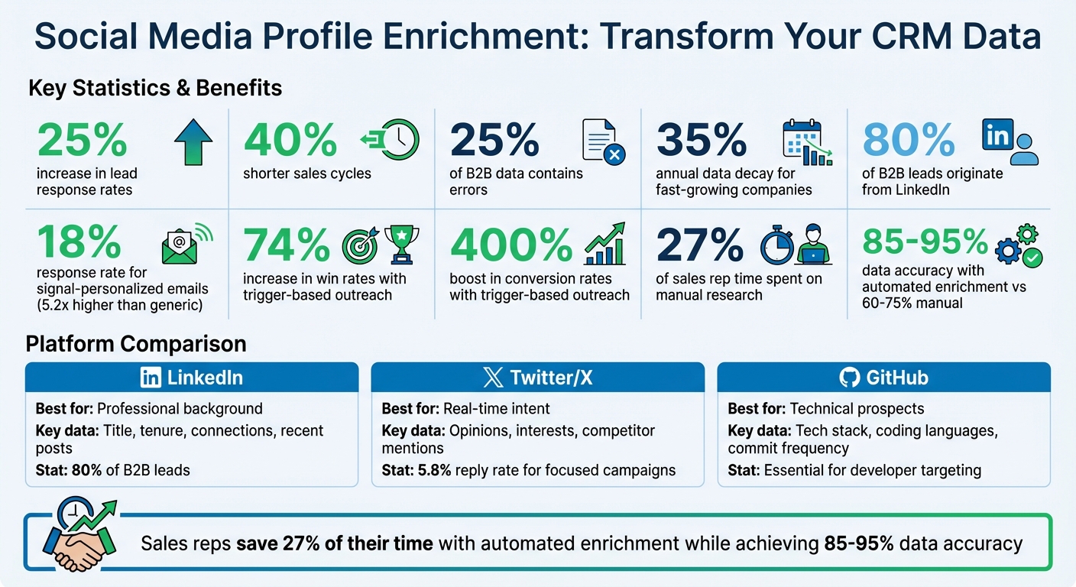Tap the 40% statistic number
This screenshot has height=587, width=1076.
click(290, 141)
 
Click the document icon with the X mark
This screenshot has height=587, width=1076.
click(603, 142)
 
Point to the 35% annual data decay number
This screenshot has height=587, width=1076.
click(702, 141)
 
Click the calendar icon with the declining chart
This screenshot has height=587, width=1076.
click(807, 142)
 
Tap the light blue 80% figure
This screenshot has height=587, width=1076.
click(909, 141)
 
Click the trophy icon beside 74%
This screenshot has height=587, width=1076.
click(397, 245)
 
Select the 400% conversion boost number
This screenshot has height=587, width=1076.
click(511, 245)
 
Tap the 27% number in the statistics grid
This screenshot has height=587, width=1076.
click(700, 245)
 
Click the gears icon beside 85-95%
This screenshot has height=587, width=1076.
click(1019, 245)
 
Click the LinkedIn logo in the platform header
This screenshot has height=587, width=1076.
click(151, 378)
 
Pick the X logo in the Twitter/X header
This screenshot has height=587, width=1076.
click(494, 378)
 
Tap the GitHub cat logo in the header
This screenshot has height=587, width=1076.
click(849, 378)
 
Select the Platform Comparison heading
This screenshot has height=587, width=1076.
click(136, 344)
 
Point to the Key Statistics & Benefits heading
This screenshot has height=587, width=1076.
click(155, 89)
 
